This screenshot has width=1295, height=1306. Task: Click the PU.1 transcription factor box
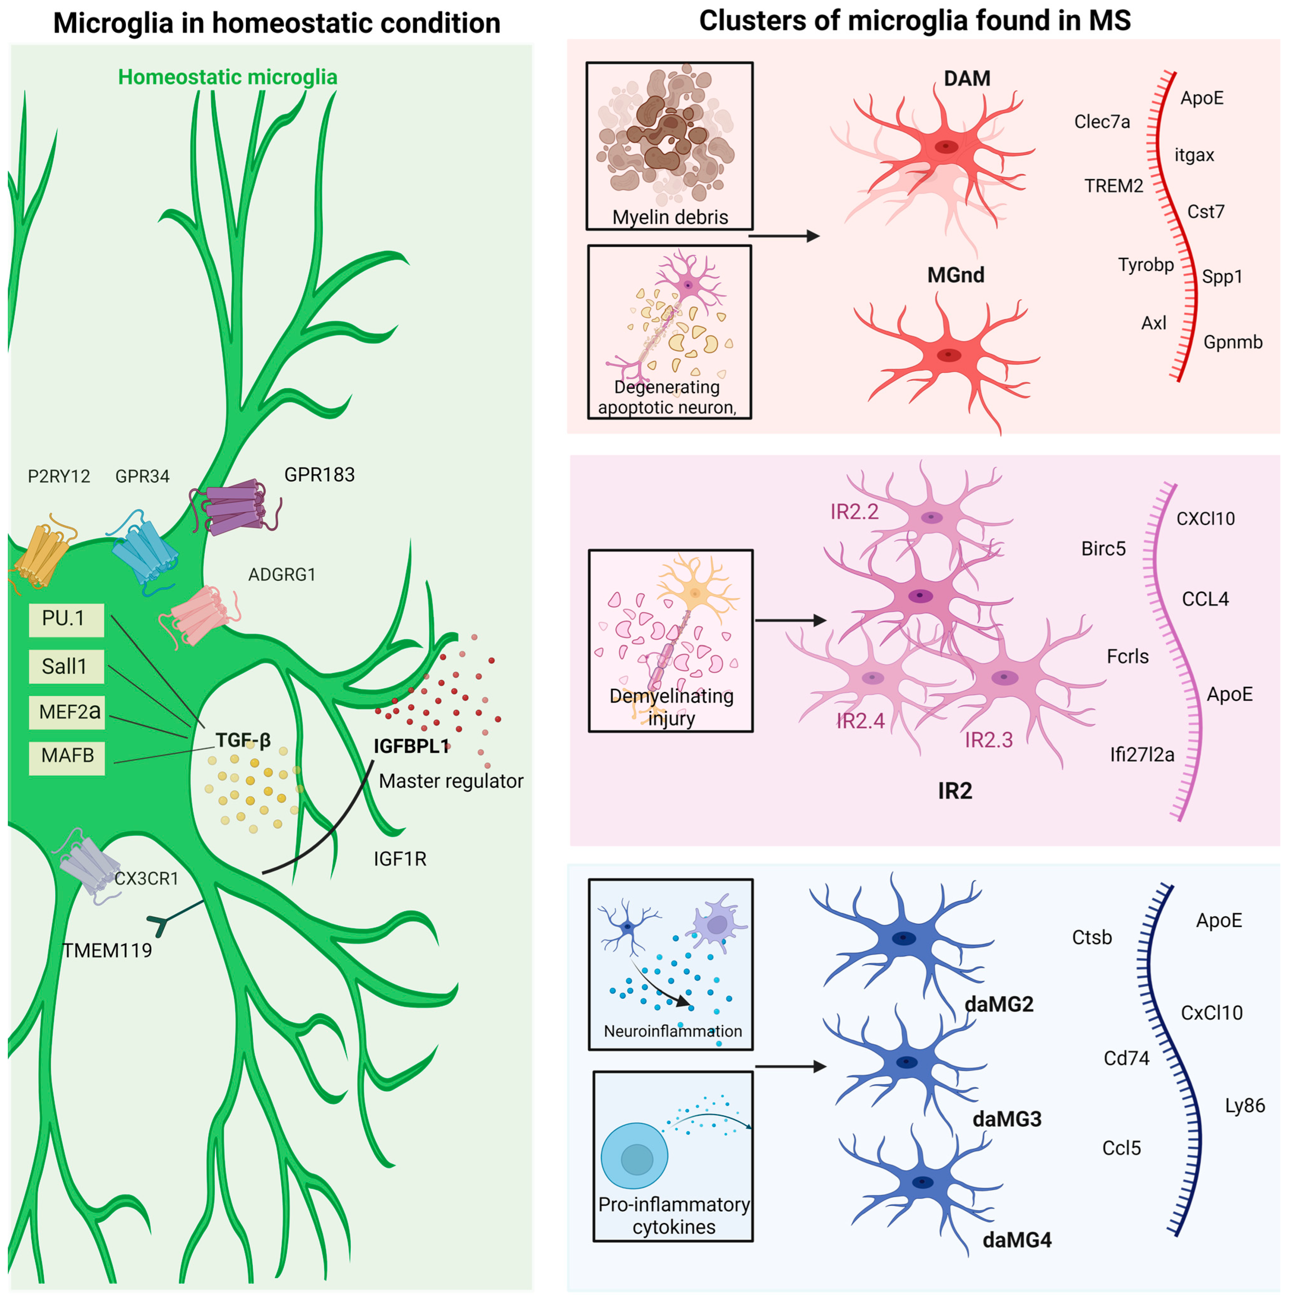coord(66,619)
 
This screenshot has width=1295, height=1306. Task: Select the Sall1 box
coord(66,667)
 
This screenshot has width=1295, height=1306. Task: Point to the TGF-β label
coord(243,740)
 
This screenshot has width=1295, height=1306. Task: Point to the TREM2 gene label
coord(1113,186)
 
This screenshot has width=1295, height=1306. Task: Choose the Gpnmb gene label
coord(1233,342)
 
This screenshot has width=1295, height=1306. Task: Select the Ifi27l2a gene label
coord(1142,754)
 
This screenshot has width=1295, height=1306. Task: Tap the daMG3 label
coord(1006,1119)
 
